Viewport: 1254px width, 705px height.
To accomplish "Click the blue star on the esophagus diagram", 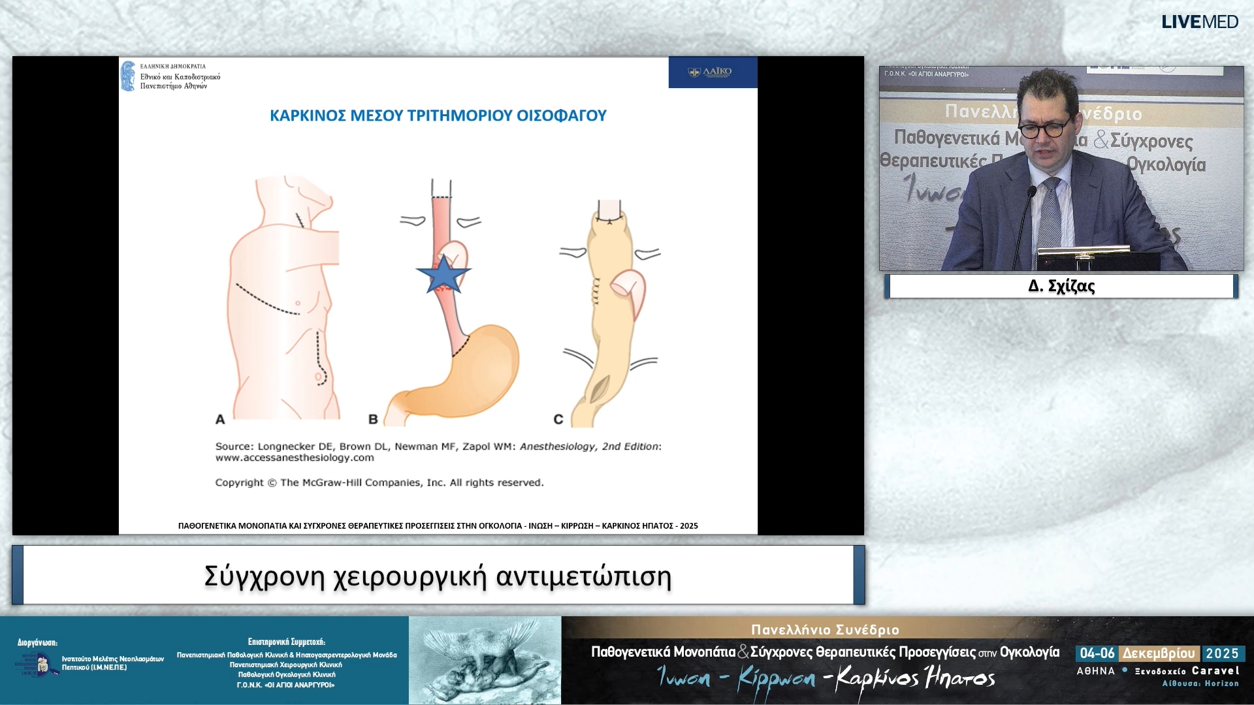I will coord(443,275).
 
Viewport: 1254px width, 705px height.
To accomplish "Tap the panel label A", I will coord(220,419).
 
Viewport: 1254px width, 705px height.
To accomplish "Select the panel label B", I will coord(373,419).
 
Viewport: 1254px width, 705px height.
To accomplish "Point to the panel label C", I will coord(558,419).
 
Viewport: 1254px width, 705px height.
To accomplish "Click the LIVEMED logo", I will coord(1200,22).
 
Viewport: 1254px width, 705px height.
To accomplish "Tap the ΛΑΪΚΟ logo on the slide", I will coord(712,72).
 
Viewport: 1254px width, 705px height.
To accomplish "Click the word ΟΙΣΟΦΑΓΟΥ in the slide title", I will coord(562,116).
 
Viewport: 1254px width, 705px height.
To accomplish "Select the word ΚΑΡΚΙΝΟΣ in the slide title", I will coord(308,116).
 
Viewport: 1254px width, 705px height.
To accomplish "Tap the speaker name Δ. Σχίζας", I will coord(1061,286).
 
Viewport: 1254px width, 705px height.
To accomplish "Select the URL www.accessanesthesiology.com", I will coord(295,458).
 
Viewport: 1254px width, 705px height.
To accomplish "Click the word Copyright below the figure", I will coord(239,482).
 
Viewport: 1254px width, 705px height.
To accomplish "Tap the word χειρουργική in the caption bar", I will coord(410,576).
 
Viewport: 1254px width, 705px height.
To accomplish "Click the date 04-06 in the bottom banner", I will coord(1097,653).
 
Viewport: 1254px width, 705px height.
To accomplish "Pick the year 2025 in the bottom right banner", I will coord(1222,653).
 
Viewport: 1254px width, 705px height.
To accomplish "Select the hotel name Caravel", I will coord(1215,670).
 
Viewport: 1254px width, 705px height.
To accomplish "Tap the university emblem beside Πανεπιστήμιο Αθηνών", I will coord(128,76).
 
